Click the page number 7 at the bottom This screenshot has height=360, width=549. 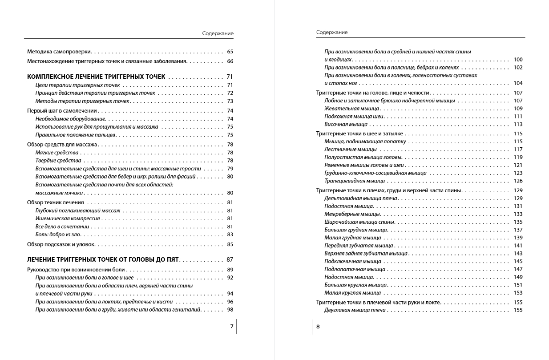pos(231,327)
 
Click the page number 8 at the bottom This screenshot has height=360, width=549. pos(318,327)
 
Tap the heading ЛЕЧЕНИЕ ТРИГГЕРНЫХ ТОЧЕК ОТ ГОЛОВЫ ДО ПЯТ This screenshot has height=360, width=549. pos(103,259)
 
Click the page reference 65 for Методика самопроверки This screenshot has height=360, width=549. pos(230,52)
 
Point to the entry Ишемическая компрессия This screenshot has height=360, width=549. pos(68,218)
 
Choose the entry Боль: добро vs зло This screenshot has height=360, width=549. pos(59,235)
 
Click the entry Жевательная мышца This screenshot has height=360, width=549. pos(351,109)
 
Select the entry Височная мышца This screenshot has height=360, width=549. pos(346,125)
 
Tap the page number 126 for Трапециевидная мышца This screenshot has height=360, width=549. pos(518,181)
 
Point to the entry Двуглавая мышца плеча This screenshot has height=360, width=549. pos(355,310)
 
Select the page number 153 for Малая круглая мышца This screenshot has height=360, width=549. pos(518,293)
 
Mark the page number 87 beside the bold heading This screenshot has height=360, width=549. pos(230,259)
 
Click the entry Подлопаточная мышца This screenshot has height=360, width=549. pos(355,269)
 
